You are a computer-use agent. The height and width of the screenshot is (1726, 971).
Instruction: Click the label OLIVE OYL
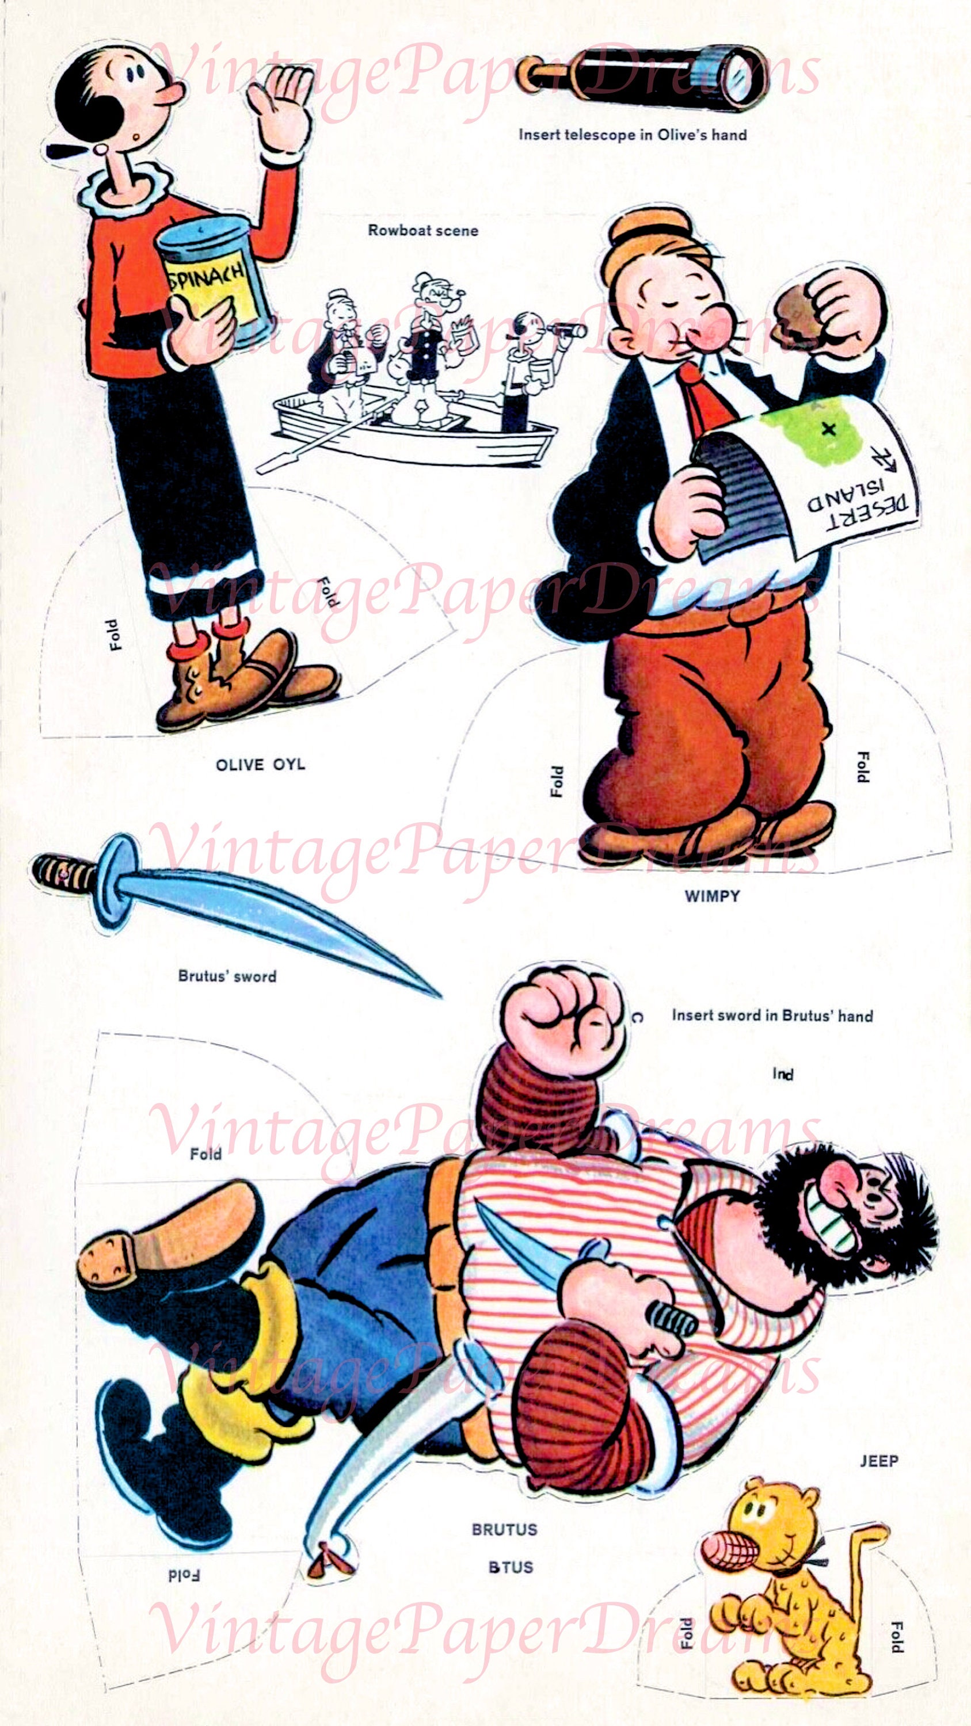click(x=260, y=765)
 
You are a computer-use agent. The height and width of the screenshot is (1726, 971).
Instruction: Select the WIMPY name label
click(x=711, y=896)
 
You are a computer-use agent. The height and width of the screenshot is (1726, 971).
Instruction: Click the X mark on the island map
click(x=828, y=430)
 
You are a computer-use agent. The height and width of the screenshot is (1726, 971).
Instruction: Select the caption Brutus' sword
click(x=227, y=976)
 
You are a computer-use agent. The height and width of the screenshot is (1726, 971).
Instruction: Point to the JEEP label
click(x=878, y=1461)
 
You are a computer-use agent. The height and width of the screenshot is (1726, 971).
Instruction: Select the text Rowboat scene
click(x=423, y=231)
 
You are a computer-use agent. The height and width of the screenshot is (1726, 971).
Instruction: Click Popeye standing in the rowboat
click(x=429, y=349)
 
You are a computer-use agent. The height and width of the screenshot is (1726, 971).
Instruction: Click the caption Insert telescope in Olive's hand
click(x=633, y=135)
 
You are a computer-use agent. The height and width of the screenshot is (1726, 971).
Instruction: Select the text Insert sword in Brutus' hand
click(x=772, y=1016)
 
